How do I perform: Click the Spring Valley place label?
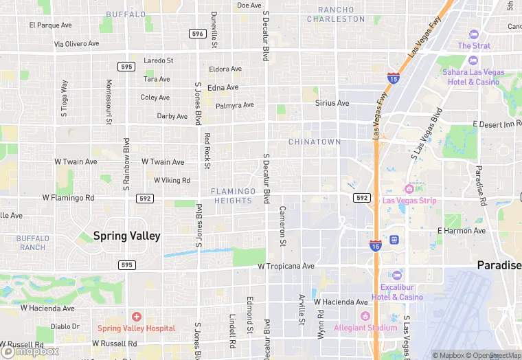click(x=127, y=236)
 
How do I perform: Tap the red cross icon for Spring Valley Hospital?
click(x=137, y=317)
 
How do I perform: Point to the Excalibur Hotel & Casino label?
click(x=398, y=292)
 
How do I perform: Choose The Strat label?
click(x=474, y=45)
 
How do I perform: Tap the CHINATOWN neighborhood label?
click(x=315, y=142)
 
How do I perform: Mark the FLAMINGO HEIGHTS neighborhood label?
click(x=234, y=196)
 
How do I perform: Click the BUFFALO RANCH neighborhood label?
click(x=32, y=243)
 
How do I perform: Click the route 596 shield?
click(x=198, y=33)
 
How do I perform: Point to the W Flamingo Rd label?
click(x=68, y=198)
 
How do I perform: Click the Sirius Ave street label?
click(x=332, y=103)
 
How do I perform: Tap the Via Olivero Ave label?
click(x=81, y=44)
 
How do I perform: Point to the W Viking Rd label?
click(x=172, y=180)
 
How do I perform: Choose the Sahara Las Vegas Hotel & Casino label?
click(x=473, y=77)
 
